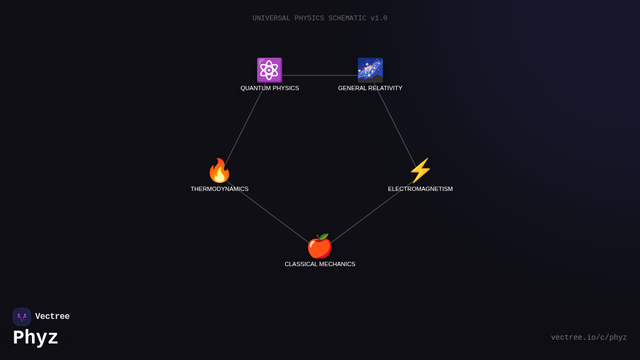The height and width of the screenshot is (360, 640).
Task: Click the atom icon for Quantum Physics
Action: point(269,70)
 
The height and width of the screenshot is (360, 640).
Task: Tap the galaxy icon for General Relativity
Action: point(370,70)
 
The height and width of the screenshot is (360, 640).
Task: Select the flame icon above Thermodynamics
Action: point(219,171)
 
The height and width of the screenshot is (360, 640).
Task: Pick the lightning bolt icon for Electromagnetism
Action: point(420,171)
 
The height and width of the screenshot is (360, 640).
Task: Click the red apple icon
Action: point(319,246)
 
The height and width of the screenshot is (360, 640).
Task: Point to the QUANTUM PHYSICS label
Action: point(269,88)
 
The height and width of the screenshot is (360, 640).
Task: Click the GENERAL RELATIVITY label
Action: point(370,88)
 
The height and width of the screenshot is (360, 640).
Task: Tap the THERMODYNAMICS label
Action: point(219,189)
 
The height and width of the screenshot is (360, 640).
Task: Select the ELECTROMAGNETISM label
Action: point(420,189)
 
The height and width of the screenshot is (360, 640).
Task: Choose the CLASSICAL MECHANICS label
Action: point(319,264)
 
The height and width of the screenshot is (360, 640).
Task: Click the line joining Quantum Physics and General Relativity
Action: point(320,75)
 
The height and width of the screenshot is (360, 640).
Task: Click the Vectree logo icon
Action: point(22,317)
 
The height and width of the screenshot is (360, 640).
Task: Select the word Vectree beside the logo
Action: point(52,317)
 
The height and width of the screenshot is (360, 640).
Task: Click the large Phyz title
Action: point(35,338)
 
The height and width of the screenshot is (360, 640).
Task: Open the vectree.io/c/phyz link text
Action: point(589,338)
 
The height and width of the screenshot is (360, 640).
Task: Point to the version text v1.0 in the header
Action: point(379,18)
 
